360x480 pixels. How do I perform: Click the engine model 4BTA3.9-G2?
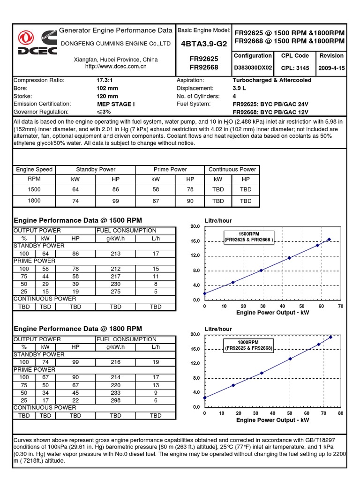click(203, 44)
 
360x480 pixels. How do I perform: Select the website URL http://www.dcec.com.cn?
click(116, 67)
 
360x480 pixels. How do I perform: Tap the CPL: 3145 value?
click(295, 68)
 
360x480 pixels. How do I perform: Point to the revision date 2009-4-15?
click(331, 68)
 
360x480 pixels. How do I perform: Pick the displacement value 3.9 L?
click(240, 88)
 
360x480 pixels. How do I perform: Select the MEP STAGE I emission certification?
click(116, 104)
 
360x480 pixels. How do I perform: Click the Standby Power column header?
click(96, 169)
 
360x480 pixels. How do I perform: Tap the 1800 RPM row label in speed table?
click(34, 201)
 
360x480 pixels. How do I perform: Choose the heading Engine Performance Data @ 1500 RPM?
click(78, 220)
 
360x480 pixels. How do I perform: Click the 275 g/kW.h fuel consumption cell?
click(115, 291)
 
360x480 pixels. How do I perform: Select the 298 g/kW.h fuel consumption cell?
click(115, 400)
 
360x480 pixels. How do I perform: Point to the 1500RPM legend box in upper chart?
click(249, 237)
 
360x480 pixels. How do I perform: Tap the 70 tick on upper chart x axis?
click(340, 306)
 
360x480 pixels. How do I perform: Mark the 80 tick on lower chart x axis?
click(340, 413)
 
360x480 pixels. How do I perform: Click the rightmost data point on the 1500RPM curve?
click(329, 239)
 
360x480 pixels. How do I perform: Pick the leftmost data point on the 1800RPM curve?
click(205, 397)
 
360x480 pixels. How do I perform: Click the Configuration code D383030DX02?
click(253, 68)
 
